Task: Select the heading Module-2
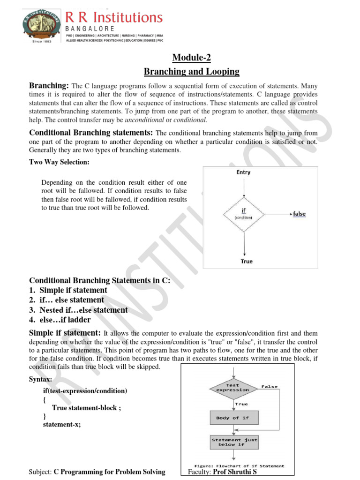point(191,58)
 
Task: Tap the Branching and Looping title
point(191,72)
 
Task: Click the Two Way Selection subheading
point(59,162)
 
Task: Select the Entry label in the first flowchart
point(244,172)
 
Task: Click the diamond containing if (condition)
point(244,214)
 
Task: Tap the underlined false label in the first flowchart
point(299,214)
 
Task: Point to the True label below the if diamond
point(247,261)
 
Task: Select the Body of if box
point(233,418)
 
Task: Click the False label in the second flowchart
point(269,387)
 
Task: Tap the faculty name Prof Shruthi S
point(235,472)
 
